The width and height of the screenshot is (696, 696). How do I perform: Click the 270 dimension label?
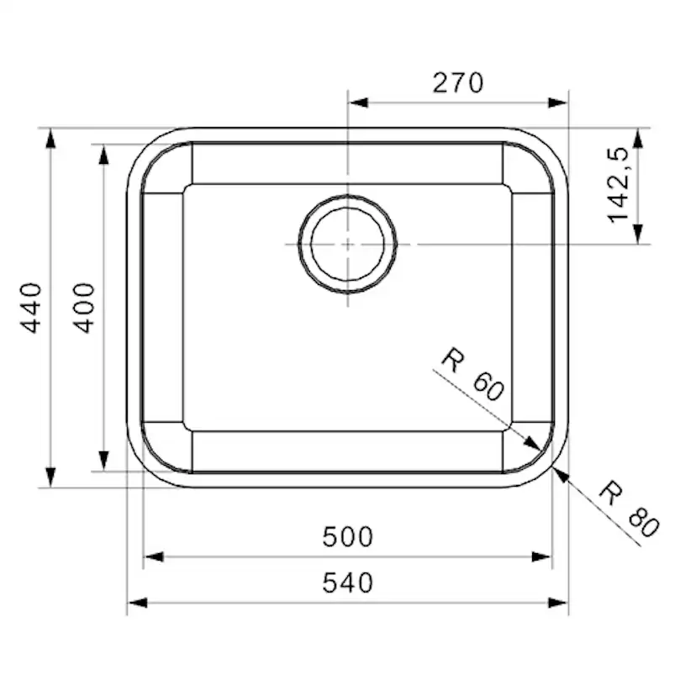[x=458, y=82]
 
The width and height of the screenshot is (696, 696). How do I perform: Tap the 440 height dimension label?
[x=32, y=308]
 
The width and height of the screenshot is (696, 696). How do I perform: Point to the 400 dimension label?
[x=85, y=308]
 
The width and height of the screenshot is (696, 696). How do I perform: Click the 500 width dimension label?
[x=347, y=536]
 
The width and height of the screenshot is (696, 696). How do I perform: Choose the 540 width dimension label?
[x=347, y=583]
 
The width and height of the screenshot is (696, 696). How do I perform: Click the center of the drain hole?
[x=347, y=244]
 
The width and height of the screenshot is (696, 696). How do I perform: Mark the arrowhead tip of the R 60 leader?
[x=539, y=450]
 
